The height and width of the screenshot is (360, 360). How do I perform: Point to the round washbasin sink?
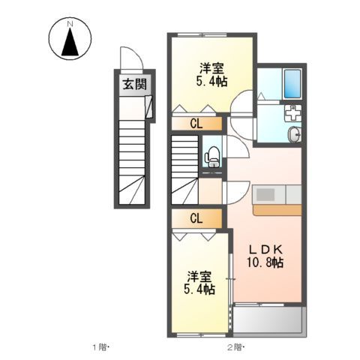293,135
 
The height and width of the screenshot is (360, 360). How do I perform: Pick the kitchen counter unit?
277,199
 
